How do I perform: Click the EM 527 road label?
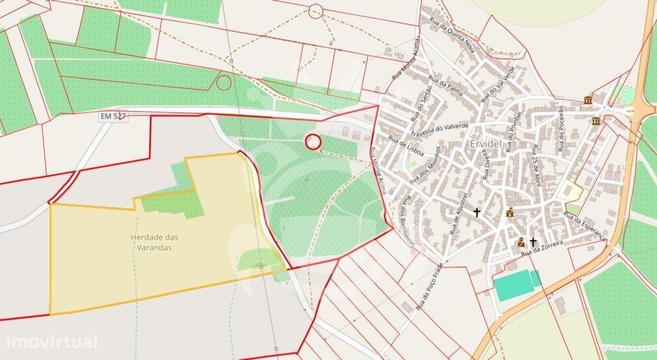pos(113,116)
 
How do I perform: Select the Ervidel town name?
pos(485,143)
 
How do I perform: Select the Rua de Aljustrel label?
pos(459,214)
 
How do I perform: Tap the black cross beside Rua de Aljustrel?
pos(476,212)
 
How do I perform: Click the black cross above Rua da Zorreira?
pos(533,241)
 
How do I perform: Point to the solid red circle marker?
pos(313,141)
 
